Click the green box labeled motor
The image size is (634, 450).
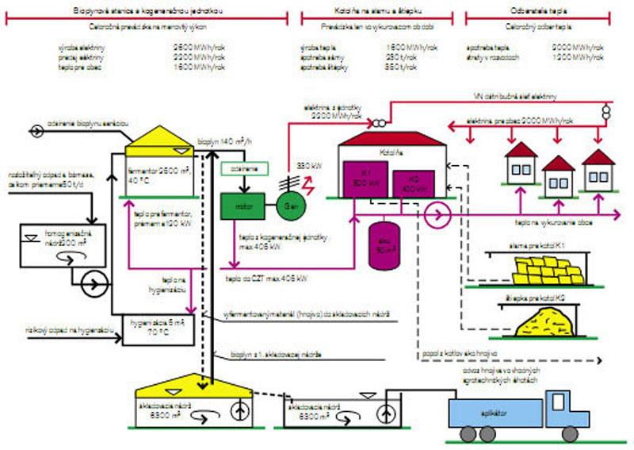(x=242, y=206)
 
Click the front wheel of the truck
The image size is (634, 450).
(x=570, y=433)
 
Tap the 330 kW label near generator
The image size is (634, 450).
(x=307, y=165)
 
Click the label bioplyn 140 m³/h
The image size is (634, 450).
(x=227, y=139)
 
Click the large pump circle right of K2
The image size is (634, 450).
(x=436, y=213)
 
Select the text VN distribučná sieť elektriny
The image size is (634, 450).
(x=515, y=96)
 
